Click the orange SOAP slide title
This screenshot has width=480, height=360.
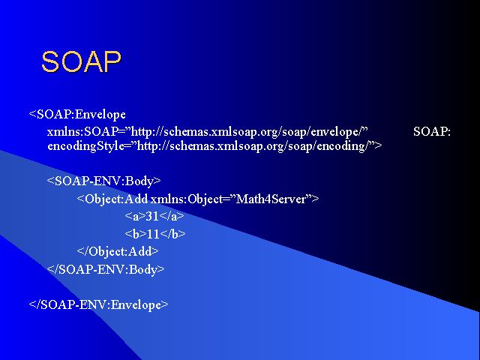coord(82,61)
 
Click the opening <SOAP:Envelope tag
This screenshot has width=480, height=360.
coord(77,115)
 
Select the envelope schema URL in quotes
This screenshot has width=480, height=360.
coord(249,132)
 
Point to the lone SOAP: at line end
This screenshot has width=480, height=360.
coord(432,132)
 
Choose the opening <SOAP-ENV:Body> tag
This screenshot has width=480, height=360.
coord(103,181)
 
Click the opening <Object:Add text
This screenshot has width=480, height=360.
coord(112,199)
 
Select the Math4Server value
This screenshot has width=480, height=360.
coord(271,199)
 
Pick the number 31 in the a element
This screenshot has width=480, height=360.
coord(152,217)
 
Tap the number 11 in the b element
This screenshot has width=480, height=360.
coord(153,234)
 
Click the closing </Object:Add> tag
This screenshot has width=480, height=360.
coord(118,252)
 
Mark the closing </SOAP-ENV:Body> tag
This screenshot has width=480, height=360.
coord(106,269)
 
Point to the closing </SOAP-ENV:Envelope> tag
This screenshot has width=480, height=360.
coord(98,304)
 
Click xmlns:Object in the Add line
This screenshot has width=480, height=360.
coord(187,199)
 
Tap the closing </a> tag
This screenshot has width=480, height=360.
coord(172,217)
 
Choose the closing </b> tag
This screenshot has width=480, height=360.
coord(172,234)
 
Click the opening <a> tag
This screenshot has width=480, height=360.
coord(135,217)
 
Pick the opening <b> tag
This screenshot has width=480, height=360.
coord(136,234)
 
